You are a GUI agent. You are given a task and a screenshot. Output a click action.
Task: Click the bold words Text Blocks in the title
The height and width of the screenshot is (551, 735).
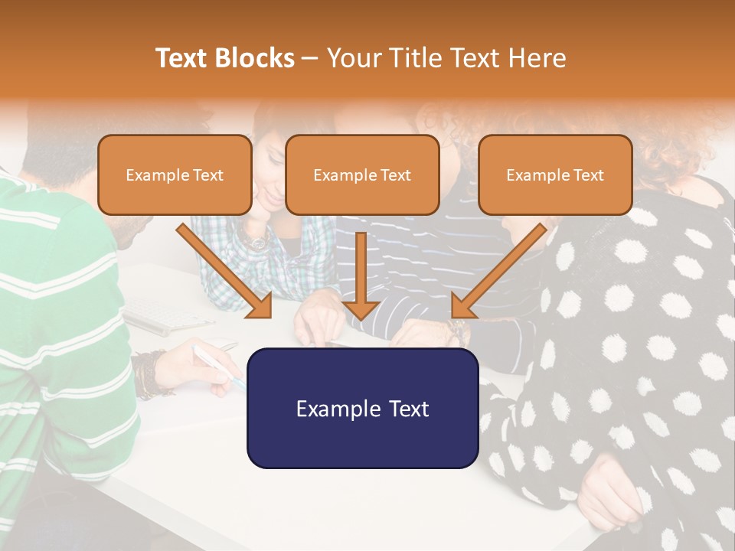click(x=225, y=58)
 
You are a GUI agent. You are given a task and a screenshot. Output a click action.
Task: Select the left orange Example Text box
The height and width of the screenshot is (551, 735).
click(x=175, y=175)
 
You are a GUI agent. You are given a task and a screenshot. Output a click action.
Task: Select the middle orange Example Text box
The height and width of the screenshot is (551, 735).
click(x=362, y=175)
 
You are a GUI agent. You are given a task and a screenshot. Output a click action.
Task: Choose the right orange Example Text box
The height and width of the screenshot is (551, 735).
click(x=555, y=175)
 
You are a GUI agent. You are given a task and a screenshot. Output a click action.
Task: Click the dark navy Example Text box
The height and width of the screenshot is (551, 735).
click(x=362, y=408)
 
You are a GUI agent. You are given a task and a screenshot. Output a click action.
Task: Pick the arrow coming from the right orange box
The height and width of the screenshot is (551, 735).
click(x=498, y=272)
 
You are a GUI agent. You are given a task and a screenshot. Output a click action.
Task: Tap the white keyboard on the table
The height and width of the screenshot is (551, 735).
click(x=157, y=315)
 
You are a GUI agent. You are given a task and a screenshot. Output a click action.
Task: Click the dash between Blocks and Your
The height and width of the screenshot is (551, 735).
click(x=311, y=59)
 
